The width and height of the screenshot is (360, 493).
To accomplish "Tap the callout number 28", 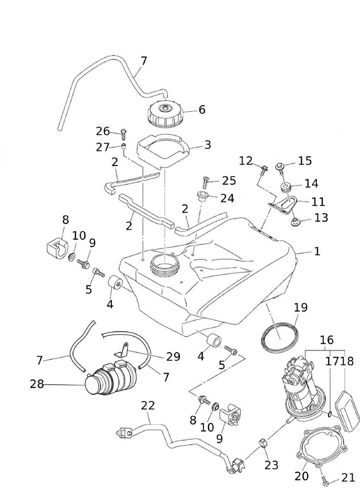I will [x=37, y=384].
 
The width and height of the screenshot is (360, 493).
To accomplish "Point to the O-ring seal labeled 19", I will [x=278, y=336].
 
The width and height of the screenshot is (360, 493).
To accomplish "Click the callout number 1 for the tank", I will [x=317, y=251].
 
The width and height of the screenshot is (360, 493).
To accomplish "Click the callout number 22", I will [x=148, y=406].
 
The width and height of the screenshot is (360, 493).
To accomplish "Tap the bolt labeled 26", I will [x=123, y=132].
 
